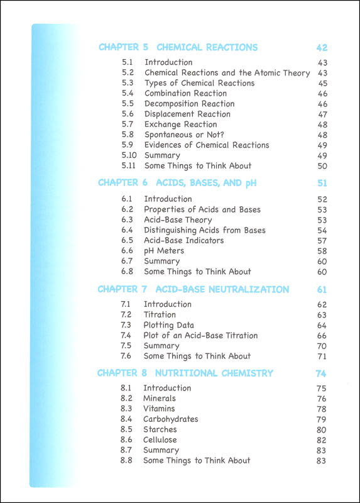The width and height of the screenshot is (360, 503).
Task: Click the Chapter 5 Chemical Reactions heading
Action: tap(178, 47)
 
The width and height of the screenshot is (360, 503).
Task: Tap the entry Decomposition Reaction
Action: tap(189, 104)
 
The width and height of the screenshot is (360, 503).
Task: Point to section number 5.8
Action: tap(128, 135)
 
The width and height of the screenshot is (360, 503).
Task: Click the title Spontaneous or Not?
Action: tap(180, 135)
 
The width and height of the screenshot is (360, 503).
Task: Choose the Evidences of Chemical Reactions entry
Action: tap(207, 145)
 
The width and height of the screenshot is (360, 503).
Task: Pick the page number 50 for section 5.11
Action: tap(323, 166)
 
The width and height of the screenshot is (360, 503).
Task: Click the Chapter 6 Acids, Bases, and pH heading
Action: tap(177, 183)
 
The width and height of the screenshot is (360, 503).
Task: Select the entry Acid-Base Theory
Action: tap(178, 220)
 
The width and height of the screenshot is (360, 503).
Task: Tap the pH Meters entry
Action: tap(164, 251)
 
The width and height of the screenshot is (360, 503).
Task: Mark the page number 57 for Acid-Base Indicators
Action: tap(322, 241)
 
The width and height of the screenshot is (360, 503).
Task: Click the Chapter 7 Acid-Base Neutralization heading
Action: tap(194, 290)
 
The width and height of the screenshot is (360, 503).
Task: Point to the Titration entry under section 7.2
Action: tap(160, 314)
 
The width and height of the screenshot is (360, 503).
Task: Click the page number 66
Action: tap(322, 336)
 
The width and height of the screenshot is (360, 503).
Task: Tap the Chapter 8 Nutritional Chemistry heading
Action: tap(185, 373)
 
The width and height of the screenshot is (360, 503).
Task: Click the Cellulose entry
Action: tap(160, 440)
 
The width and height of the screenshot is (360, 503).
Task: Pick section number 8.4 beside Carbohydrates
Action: tap(126, 419)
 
